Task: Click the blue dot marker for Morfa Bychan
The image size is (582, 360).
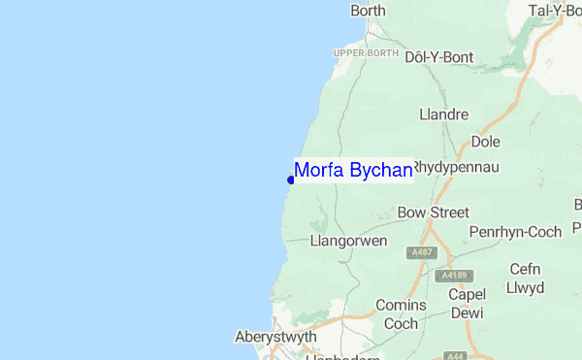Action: [291, 180]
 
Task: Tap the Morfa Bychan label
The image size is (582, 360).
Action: [353, 171]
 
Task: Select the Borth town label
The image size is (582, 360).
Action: [368, 11]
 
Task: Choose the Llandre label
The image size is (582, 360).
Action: [444, 115]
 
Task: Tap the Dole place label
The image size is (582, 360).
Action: [485, 142]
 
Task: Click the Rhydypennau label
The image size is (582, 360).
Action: [456, 167]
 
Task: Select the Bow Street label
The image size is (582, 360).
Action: [434, 213]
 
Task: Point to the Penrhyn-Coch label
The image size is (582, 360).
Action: [515, 233]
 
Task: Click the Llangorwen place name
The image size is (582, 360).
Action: [348, 240]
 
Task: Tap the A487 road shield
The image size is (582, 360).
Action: [422, 252]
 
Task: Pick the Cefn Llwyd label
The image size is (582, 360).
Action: [525, 278]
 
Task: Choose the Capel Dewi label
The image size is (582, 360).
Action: [467, 303]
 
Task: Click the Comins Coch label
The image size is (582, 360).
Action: [400, 313]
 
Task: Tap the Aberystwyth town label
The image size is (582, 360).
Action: [275, 337]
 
